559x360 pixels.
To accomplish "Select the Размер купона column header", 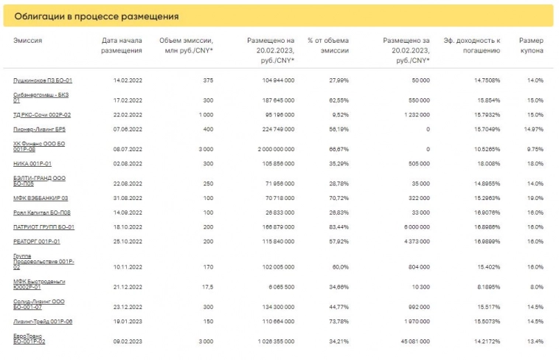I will click(531, 45).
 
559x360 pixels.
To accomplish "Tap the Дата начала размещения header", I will click(121, 45).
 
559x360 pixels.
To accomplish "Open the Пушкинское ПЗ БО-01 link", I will click(43, 80).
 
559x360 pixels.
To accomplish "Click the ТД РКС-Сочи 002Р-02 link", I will click(42, 114).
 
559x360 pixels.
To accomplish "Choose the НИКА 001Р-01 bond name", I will click(32, 163).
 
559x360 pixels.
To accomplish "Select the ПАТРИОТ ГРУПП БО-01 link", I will click(44, 226).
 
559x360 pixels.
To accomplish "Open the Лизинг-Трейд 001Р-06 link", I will click(43, 321).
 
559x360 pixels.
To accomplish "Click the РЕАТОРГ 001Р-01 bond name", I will click(36, 241).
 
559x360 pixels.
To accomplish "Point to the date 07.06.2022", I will click(127, 128).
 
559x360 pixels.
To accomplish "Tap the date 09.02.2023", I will click(127, 342).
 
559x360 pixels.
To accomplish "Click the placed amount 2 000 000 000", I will click(268, 148).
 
